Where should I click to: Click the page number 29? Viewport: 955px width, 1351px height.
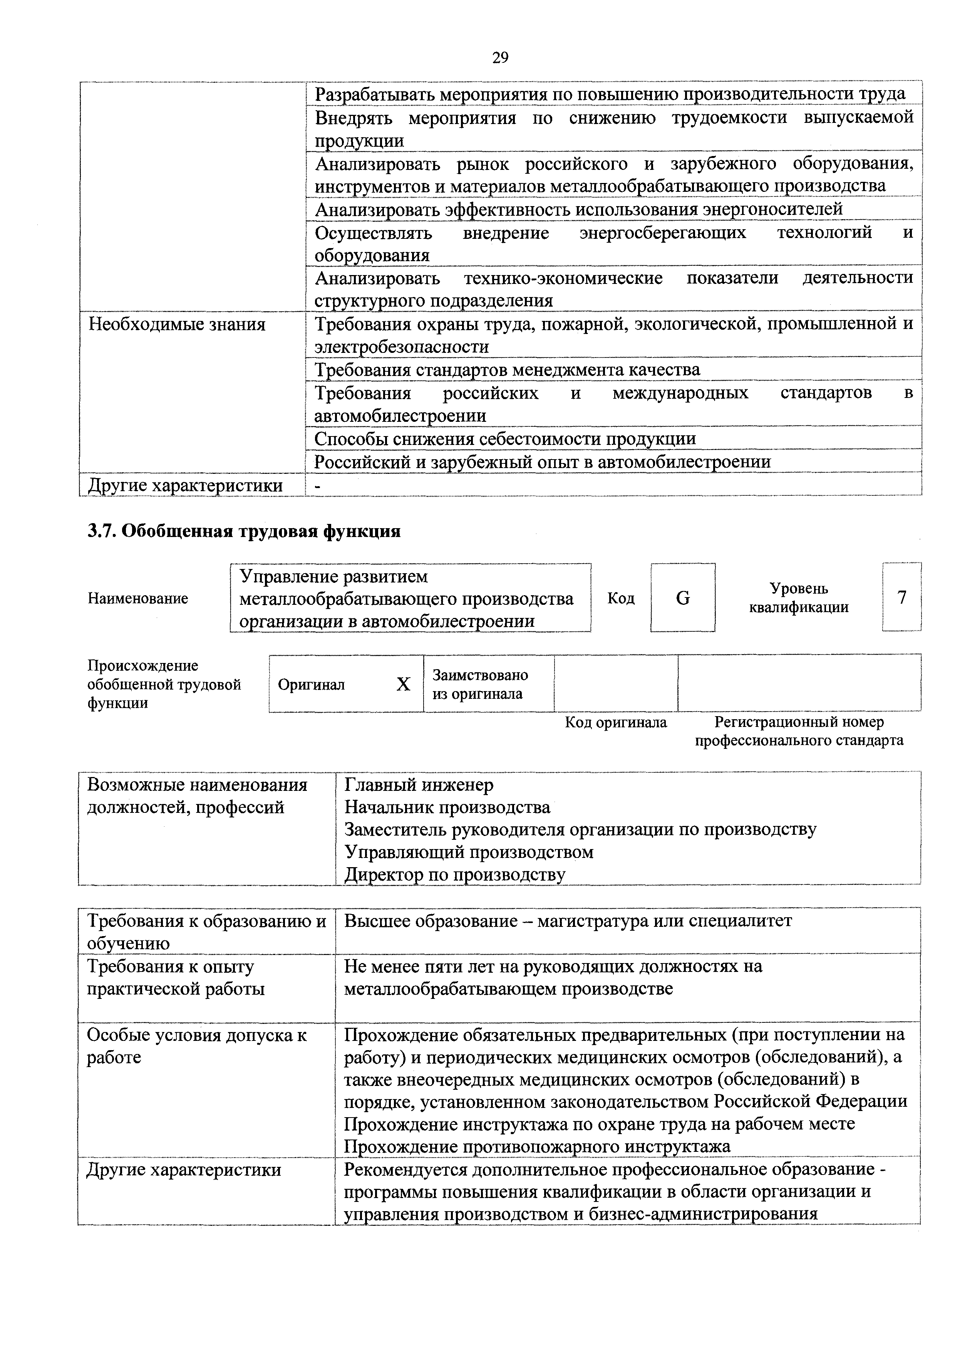point(500,58)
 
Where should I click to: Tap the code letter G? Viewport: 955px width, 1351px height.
point(683,598)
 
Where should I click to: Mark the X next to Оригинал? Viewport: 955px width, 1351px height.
point(403,684)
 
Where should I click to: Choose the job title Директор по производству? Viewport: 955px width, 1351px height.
point(454,874)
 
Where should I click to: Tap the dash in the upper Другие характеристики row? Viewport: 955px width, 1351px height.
point(319,485)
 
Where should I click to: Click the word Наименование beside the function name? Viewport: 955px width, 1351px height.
point(138,598)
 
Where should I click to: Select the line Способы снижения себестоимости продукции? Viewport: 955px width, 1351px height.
point(505,439)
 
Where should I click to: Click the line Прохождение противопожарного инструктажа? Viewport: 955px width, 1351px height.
point(537,1146)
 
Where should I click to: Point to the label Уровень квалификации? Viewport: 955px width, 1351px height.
point(799,598)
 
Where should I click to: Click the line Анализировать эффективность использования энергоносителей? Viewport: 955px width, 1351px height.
point(579,209)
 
